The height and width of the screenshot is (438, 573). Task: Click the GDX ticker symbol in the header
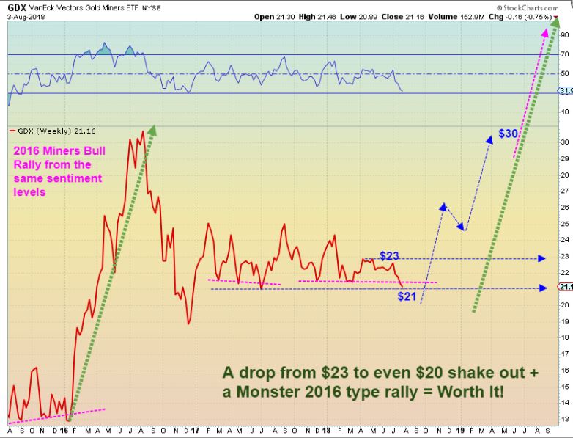tap(18, 6)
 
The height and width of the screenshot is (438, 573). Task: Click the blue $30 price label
tap(509, 134)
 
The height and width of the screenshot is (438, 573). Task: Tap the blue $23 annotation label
tap(389, 255)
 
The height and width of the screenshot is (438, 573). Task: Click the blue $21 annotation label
tap(408, 297)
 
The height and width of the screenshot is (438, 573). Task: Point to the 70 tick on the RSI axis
tap(565, 55)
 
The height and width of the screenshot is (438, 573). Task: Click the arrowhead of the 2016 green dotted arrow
tap(152, 130)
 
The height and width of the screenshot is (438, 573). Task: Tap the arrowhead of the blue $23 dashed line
tap(541, 258)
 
